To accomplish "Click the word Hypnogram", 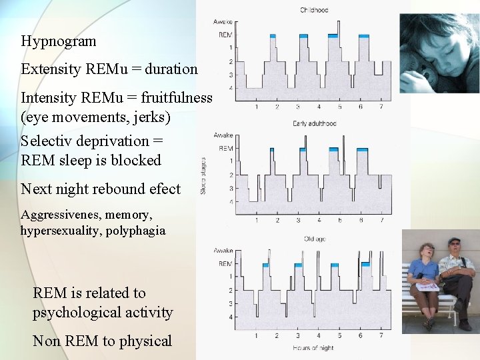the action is pos(59,41).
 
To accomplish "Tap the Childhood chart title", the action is pos(313,10).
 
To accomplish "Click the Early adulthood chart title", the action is pos(314,123).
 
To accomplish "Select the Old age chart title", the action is pos(314,238).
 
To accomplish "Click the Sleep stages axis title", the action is pos(204,175).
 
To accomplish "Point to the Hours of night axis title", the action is pos(313,348).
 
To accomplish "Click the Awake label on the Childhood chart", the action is pos(223,23).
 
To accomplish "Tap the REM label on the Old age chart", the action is pos(226,263).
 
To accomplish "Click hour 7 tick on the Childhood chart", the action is pos(381,107).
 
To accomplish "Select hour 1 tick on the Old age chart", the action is pos(257,336).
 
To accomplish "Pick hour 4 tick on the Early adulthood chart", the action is pos(319,221).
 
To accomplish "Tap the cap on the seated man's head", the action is pos(454,241).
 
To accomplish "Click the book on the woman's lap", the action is pos(426,285).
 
